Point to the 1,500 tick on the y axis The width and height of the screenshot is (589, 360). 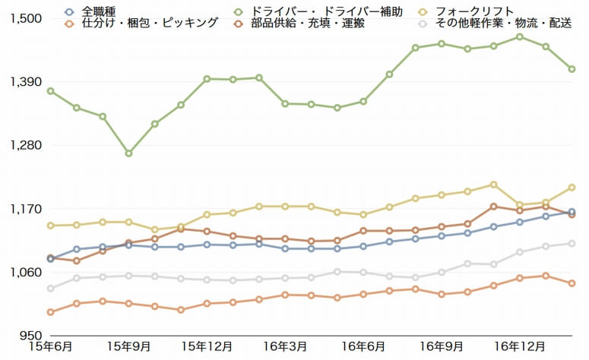tap(25, 18)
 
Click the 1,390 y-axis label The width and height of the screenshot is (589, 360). tap(25, 82)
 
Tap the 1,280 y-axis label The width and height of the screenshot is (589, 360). tap(25, 145)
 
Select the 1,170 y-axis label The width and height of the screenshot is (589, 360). tap(25, 209)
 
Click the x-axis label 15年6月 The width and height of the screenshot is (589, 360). tap(50, 347)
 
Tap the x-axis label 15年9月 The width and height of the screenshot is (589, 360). tap(129, 347)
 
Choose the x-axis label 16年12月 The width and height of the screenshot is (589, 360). tap(521, 347)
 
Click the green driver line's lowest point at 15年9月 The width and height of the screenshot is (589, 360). tap(129, 153)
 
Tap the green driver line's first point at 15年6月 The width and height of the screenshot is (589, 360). tap(51, 91)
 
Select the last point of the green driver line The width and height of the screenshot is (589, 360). tap(572, 69)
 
